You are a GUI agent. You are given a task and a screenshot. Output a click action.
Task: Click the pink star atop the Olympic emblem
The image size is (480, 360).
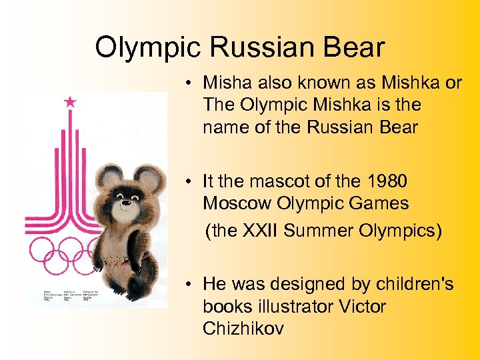point(70,102)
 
